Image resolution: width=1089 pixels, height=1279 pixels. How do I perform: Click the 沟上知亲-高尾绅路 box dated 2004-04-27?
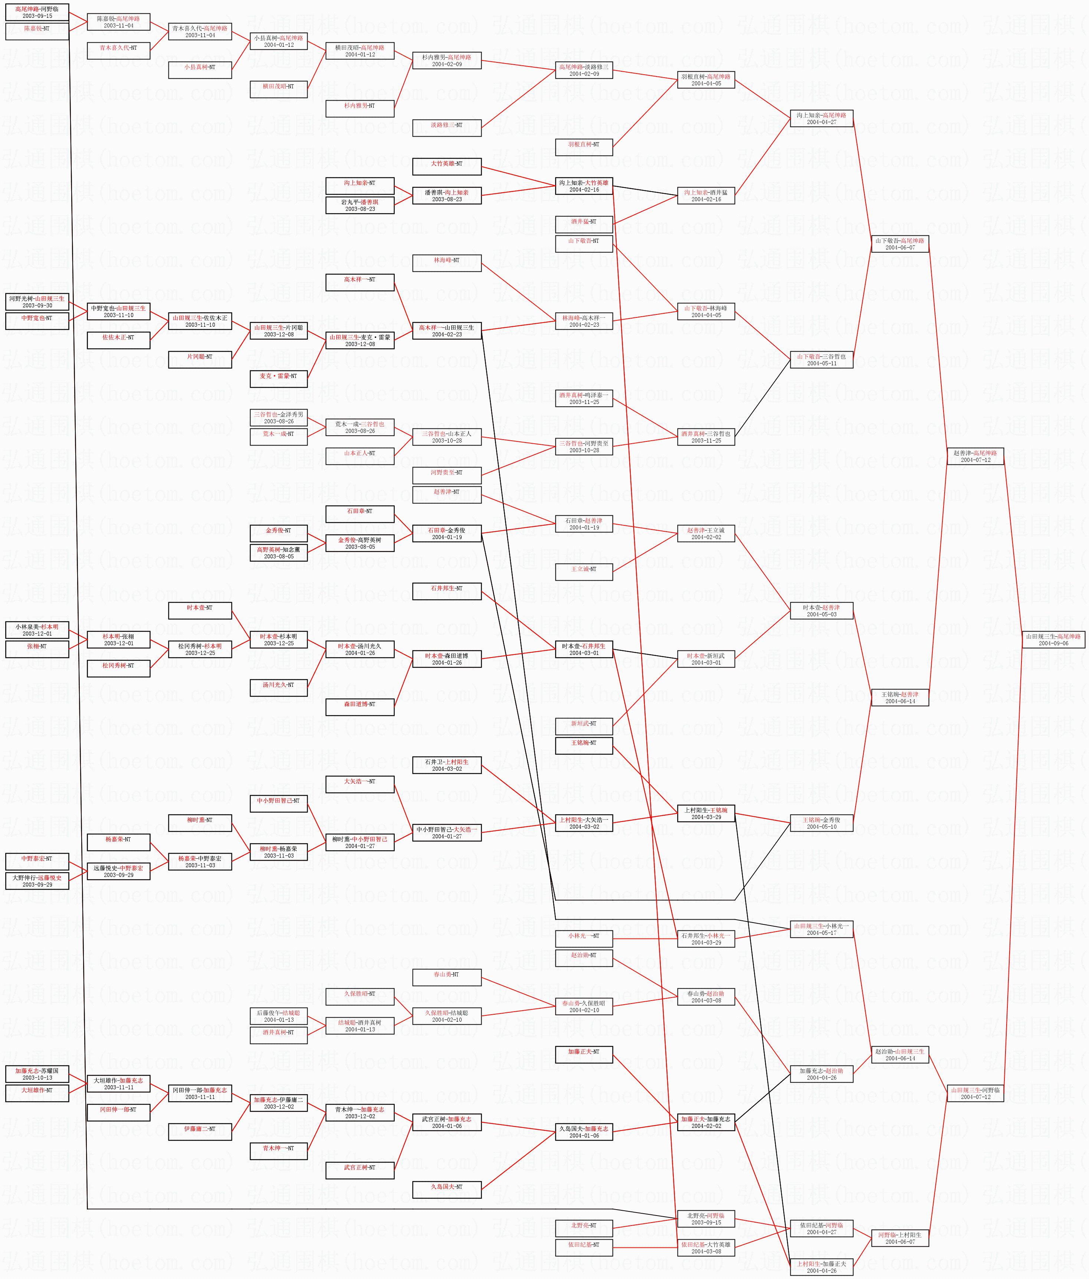[821, 118]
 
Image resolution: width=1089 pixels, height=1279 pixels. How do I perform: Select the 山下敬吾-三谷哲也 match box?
[821, 360]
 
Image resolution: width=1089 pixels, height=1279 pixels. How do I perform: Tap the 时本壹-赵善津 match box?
[821, 610]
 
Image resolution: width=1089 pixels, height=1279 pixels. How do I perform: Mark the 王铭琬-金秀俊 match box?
[821, 823]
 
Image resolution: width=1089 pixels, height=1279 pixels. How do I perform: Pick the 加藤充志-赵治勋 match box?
[821, 1074]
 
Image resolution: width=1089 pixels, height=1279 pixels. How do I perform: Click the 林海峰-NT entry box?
[446, 263]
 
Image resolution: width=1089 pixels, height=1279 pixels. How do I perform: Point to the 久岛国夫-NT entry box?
[446, 1190]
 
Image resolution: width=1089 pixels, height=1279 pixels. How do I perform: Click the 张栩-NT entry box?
[37, 649]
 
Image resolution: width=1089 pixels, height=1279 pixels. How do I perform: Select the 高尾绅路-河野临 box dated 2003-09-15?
[37, 12]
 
